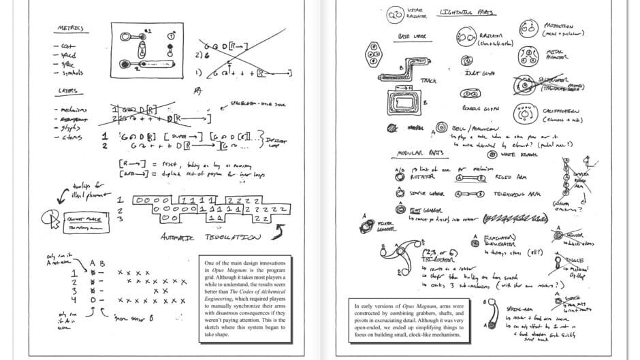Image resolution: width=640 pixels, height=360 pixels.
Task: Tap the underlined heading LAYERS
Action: point(67,90)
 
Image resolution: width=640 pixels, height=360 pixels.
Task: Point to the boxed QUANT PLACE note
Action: point(85,218)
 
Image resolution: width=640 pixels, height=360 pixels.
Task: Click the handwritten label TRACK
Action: point(429,80)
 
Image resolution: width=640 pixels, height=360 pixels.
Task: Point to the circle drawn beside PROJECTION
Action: point(528,28)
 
